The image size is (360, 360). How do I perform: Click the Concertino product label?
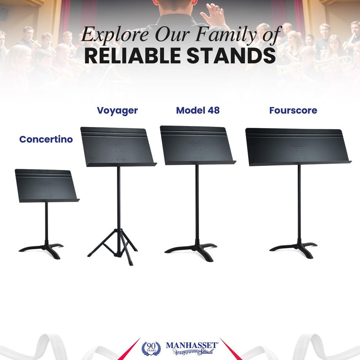click(x=46, y=139)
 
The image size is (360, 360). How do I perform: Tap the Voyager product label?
click(x=117, y=111)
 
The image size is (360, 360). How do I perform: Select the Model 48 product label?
click(x=198, y=111)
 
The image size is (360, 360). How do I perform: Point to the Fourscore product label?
click(x=293, y=111)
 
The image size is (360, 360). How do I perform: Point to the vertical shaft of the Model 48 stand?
click(x=197, y=202)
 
